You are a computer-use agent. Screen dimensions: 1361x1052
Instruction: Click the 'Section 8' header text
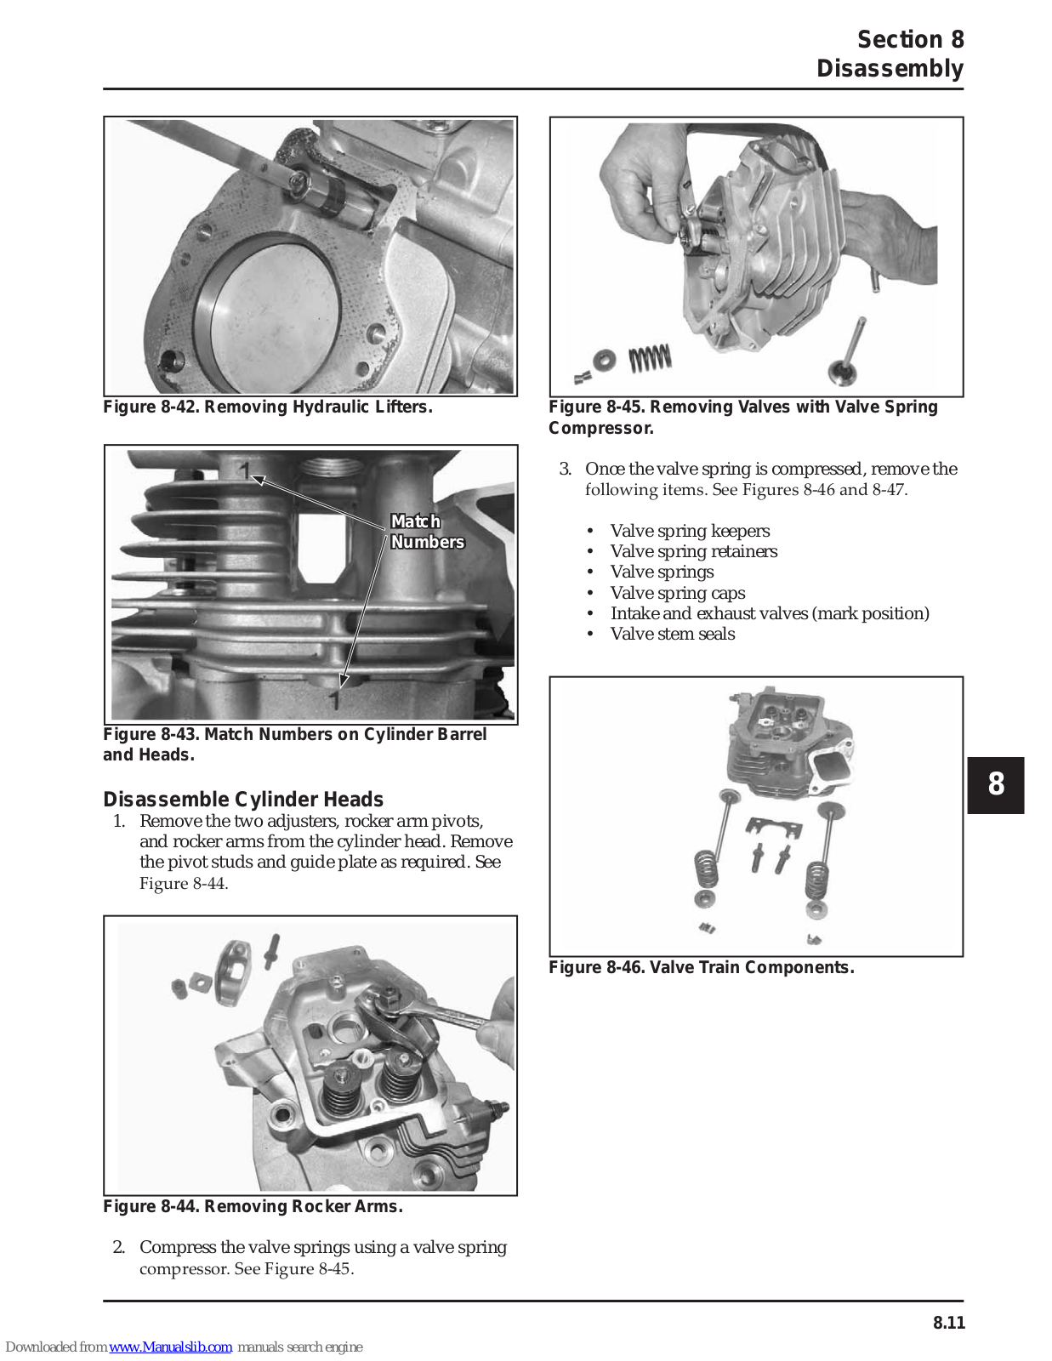[910, 40]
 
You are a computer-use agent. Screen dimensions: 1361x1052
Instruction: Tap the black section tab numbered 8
[995, 784]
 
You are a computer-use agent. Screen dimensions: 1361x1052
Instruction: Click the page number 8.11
[948, 1322]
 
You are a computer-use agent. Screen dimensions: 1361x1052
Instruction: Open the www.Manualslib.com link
[170, 1347]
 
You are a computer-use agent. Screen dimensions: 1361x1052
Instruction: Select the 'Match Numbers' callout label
[426, 532]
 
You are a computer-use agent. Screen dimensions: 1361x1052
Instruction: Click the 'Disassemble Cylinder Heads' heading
[243, 800]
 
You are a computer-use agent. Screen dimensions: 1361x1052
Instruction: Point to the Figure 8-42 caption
[268, 407]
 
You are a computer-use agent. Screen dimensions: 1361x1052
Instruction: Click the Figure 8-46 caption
[701, 967]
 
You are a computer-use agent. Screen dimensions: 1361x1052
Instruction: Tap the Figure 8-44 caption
[253, 1206]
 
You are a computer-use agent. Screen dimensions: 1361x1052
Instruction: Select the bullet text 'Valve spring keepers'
[690, 531]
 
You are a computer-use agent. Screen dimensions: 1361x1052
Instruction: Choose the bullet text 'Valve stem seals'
[672, 634]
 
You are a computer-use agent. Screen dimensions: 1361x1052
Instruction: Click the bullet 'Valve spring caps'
[677, 593]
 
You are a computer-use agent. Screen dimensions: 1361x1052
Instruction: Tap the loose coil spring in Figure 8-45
[650, 358]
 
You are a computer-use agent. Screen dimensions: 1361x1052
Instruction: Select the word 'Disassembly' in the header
[890, 68]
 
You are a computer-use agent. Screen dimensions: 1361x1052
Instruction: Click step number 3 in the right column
[565, 469]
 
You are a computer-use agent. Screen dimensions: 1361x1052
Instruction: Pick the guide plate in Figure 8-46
[773, 827]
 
